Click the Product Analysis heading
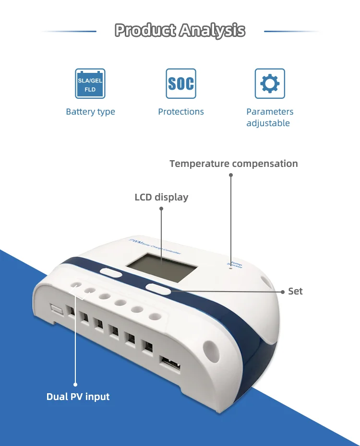pos(180,31)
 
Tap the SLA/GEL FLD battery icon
pos(90,83)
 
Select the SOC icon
pos(181,83)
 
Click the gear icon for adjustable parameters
pos(269,83)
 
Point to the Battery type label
pos(90,112)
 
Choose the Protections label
pos(181,112)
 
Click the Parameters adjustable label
pos(269,117)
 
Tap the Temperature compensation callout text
pos(234,164)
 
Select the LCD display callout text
pos(161,197)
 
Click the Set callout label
pos(295,291)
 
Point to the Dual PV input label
pos(78,397)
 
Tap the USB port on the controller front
pos(170,365)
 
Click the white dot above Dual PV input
pos(75,384)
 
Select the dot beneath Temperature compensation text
pos(230,175)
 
